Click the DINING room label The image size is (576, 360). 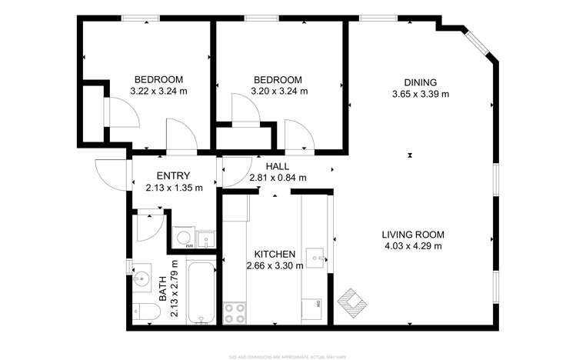(x=421, y=83)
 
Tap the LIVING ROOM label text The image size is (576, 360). (x=413, y=235)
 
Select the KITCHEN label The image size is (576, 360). (x=275, y=255)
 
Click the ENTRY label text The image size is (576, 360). (x=173, y=176)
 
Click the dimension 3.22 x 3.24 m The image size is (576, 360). (x=159, y=92)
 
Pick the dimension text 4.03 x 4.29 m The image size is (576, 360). (x=413, y=246)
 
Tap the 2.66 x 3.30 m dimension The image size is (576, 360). (x=275, y=266)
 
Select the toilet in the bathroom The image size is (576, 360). (x=146, y=312)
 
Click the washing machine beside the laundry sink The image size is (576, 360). (x=184, y=239)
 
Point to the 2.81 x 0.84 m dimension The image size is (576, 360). (x=278, y=178)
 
